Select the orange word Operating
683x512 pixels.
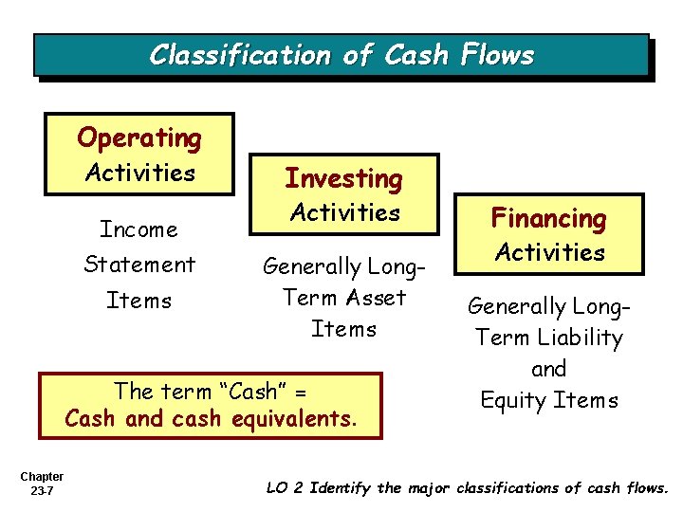click(x=139, y=138)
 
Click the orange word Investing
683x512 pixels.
click(x=344, y=178)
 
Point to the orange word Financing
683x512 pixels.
click(x=549, y=219)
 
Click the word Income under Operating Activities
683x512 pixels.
click(x=139, y=229)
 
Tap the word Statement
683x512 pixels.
click(x=139, y=265)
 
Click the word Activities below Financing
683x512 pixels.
click(x=549, y=252)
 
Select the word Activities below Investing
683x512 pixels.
click(x=344, y=212)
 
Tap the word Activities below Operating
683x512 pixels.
click(x=139, y=173)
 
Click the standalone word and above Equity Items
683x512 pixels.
click(x=549, y=369)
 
